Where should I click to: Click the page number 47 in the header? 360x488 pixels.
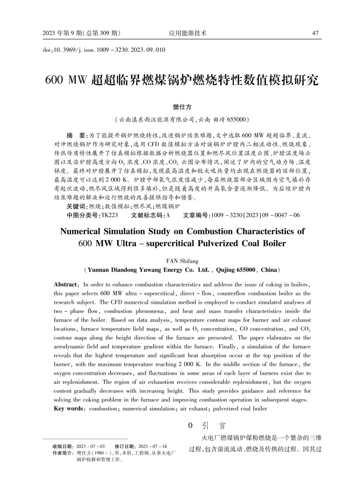pyautogui.click(x=315, y=33)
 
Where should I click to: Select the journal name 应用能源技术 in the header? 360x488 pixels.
pyautogui.click(x=188, y=33)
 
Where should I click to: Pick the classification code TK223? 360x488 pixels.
pyautogui.click(x=110, y=215)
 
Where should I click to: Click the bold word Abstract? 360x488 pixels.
pyautogui.click(x=66, y=284)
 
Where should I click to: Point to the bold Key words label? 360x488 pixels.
pyautogui.click(x=68, y=408)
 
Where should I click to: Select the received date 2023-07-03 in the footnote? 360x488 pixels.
pyautogui.click(x=91, y=446)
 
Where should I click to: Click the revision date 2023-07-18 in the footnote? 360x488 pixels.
pyautogui.click(x=153, y=446)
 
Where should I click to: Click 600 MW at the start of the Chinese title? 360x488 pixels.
pyautogui.click(x=66, y=80)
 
